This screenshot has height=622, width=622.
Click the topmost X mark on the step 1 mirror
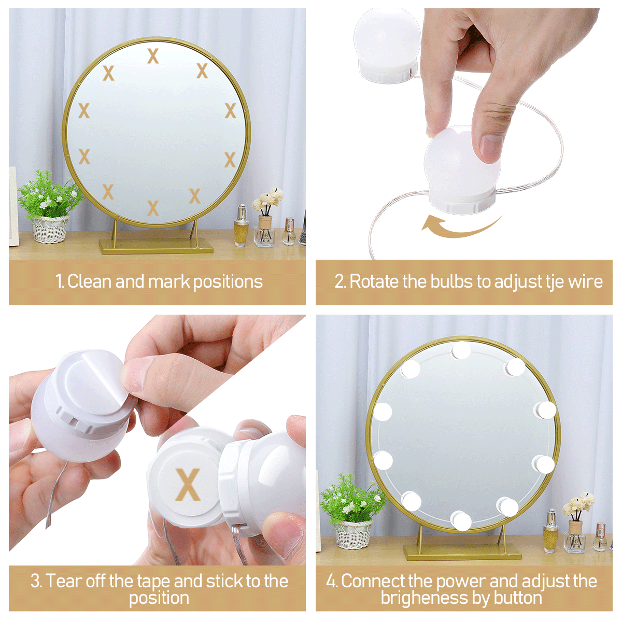153,56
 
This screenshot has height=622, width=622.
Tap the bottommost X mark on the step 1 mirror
153,207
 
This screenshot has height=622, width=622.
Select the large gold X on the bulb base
188,484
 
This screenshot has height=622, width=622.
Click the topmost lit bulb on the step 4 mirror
461,350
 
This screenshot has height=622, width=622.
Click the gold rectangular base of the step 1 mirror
156,246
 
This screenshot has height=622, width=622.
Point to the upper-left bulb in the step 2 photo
387,45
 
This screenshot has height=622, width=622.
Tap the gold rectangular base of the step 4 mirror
462,552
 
